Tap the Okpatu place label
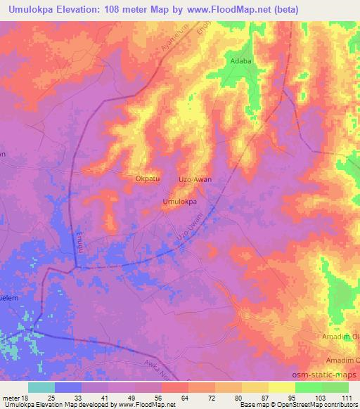148,179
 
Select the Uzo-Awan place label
195,179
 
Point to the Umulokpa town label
179,202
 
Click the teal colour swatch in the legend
41,387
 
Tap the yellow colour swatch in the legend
282,387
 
